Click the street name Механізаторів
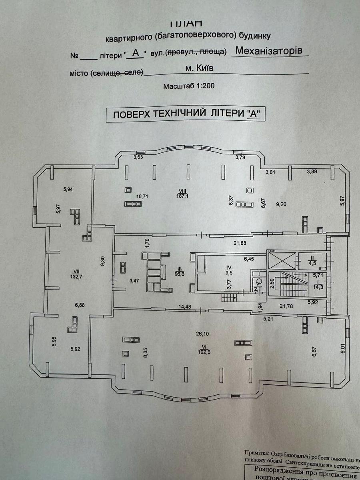[266, 51]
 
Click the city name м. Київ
[199, 68]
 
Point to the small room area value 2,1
[257, 288]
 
